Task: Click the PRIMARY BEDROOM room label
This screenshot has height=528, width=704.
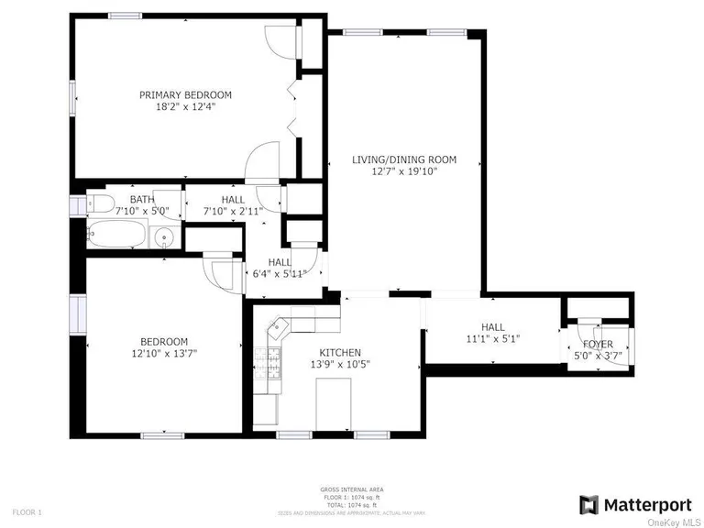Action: [185, 94]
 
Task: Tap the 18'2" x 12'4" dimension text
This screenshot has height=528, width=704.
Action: [185, 106]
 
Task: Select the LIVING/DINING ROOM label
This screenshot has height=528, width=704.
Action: [404, 159]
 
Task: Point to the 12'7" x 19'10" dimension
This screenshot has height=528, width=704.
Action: [404, 171]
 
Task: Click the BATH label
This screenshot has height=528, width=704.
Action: [142, 199]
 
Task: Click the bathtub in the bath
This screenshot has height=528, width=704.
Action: [117, 235]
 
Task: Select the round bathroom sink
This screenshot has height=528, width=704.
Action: [165, 240]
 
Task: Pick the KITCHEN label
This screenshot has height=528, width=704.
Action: [340, 352]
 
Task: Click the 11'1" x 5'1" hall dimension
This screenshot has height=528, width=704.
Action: [492, 339]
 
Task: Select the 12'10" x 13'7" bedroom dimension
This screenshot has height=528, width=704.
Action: [165, 353]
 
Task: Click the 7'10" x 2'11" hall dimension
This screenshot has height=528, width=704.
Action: [233, 211]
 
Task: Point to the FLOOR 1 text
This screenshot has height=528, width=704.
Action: [27, 511]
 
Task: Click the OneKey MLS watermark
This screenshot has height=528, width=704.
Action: [673, 522]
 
